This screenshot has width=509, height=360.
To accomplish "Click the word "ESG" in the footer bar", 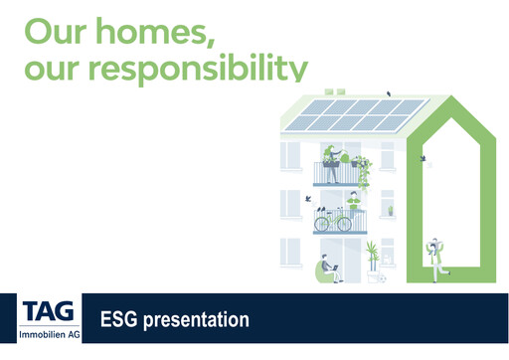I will (x=120, y=320).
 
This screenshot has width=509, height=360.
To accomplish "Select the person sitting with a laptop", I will (x=328, y=270).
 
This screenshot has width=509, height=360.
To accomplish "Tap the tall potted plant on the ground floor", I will (x=372, y=258).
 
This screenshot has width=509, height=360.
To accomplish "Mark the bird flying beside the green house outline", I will (x=424, y=158).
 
